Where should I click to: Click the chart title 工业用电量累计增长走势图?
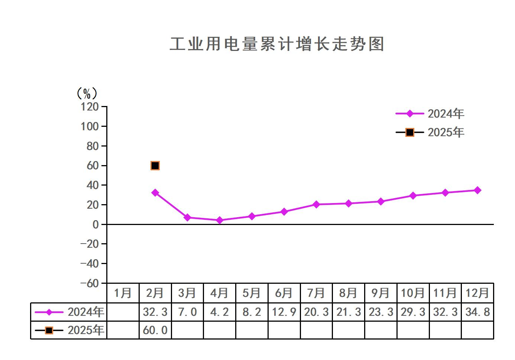(277, 44)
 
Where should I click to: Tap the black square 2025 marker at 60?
(155, 165)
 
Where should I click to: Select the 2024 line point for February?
(155, 193)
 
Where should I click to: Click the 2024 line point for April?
(220, 220)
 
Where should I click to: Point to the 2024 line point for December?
(477, 190)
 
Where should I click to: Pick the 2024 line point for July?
(316, 205)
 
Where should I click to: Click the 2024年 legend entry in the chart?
(430, 114)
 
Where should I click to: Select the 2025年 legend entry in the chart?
(430, 132)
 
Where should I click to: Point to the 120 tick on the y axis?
(90, 107)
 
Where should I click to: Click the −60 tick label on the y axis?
(90, 283)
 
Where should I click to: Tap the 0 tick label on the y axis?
(95, 225)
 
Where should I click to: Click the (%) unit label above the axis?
(87, 93)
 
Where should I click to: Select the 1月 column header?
(123, 293)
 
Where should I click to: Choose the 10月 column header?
(413, 293)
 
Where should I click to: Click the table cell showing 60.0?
(155, 330)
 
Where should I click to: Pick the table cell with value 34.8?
(477, 312)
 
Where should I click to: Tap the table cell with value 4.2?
(220, 312)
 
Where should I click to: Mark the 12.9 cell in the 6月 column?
(284, 312)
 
